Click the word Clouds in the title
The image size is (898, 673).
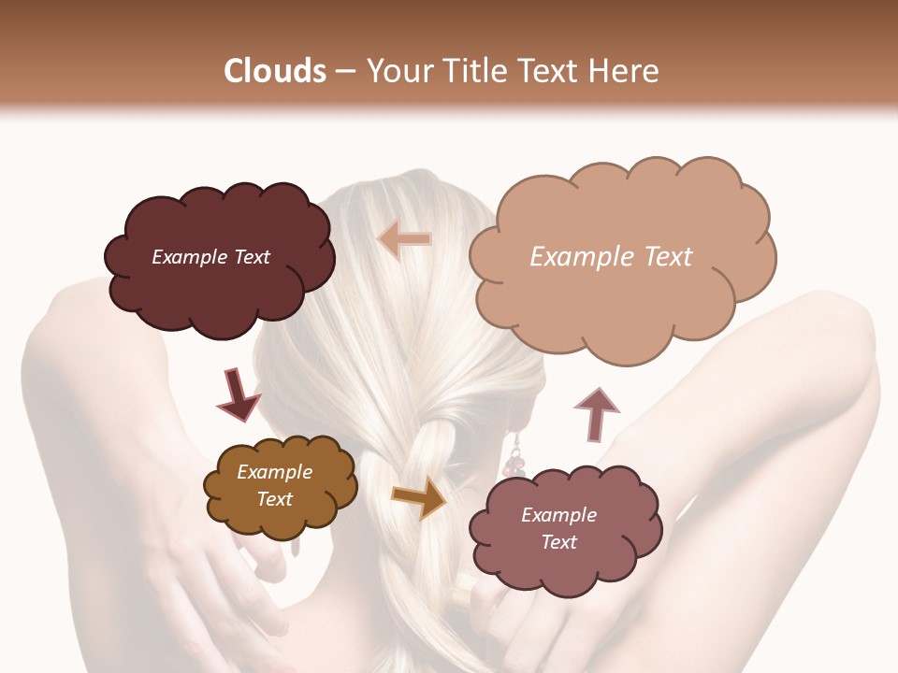[275, 71]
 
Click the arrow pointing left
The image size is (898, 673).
[404, 240]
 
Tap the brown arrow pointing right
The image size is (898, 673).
[419, 497]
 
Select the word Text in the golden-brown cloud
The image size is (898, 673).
[275, 499]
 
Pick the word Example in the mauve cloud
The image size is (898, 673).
[558, 515]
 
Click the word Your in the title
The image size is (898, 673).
[396, 71]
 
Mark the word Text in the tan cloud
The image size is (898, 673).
[668, 257]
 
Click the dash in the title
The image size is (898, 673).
[344, 71]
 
